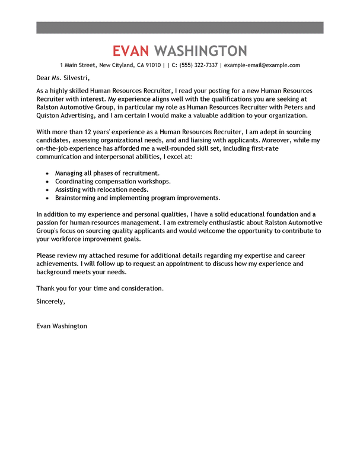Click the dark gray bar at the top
click(180, 27)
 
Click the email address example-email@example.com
click(262, 65)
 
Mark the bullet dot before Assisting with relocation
click(47, 189)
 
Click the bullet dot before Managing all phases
click(47, 173)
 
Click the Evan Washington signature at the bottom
click(62, 326)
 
